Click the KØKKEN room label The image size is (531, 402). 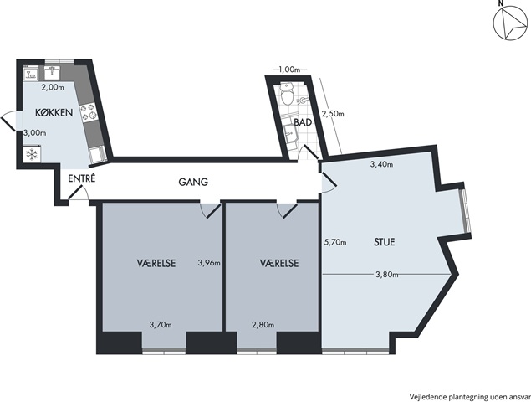54,112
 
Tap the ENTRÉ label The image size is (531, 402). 82,178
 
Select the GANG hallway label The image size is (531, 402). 193,183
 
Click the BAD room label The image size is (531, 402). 303,122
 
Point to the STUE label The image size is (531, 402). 385,242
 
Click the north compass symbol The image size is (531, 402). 508,23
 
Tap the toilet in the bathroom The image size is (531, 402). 287,95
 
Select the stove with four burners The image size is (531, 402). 88,112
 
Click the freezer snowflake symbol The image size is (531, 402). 32,156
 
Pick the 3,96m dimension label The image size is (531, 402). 209,263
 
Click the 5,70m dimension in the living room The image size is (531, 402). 335,242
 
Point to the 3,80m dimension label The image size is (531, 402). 386,274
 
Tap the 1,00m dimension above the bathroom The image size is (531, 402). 289,70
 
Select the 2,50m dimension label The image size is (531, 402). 333,114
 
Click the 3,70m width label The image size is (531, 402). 161,325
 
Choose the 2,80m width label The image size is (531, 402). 263,325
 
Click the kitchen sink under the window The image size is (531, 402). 52,73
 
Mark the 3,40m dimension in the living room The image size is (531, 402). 381,165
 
